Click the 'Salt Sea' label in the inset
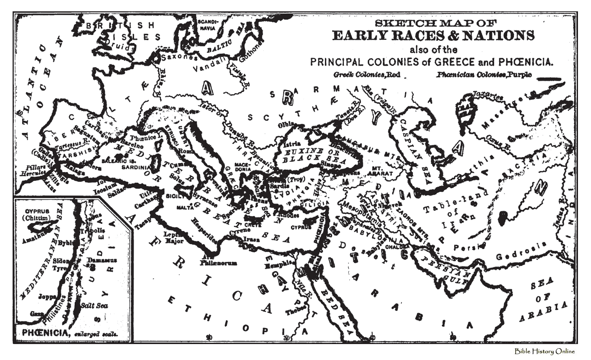pyautogui.click(x=94, y=305)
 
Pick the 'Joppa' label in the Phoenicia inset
pyautogui.click(x=47, y=296)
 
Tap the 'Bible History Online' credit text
pyautogui.click(x=544, y=352)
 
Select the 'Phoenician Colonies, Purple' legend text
pyautogui.click(x=484, y=75)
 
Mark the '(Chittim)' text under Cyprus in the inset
pyautogui.click(x=34, y=217)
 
